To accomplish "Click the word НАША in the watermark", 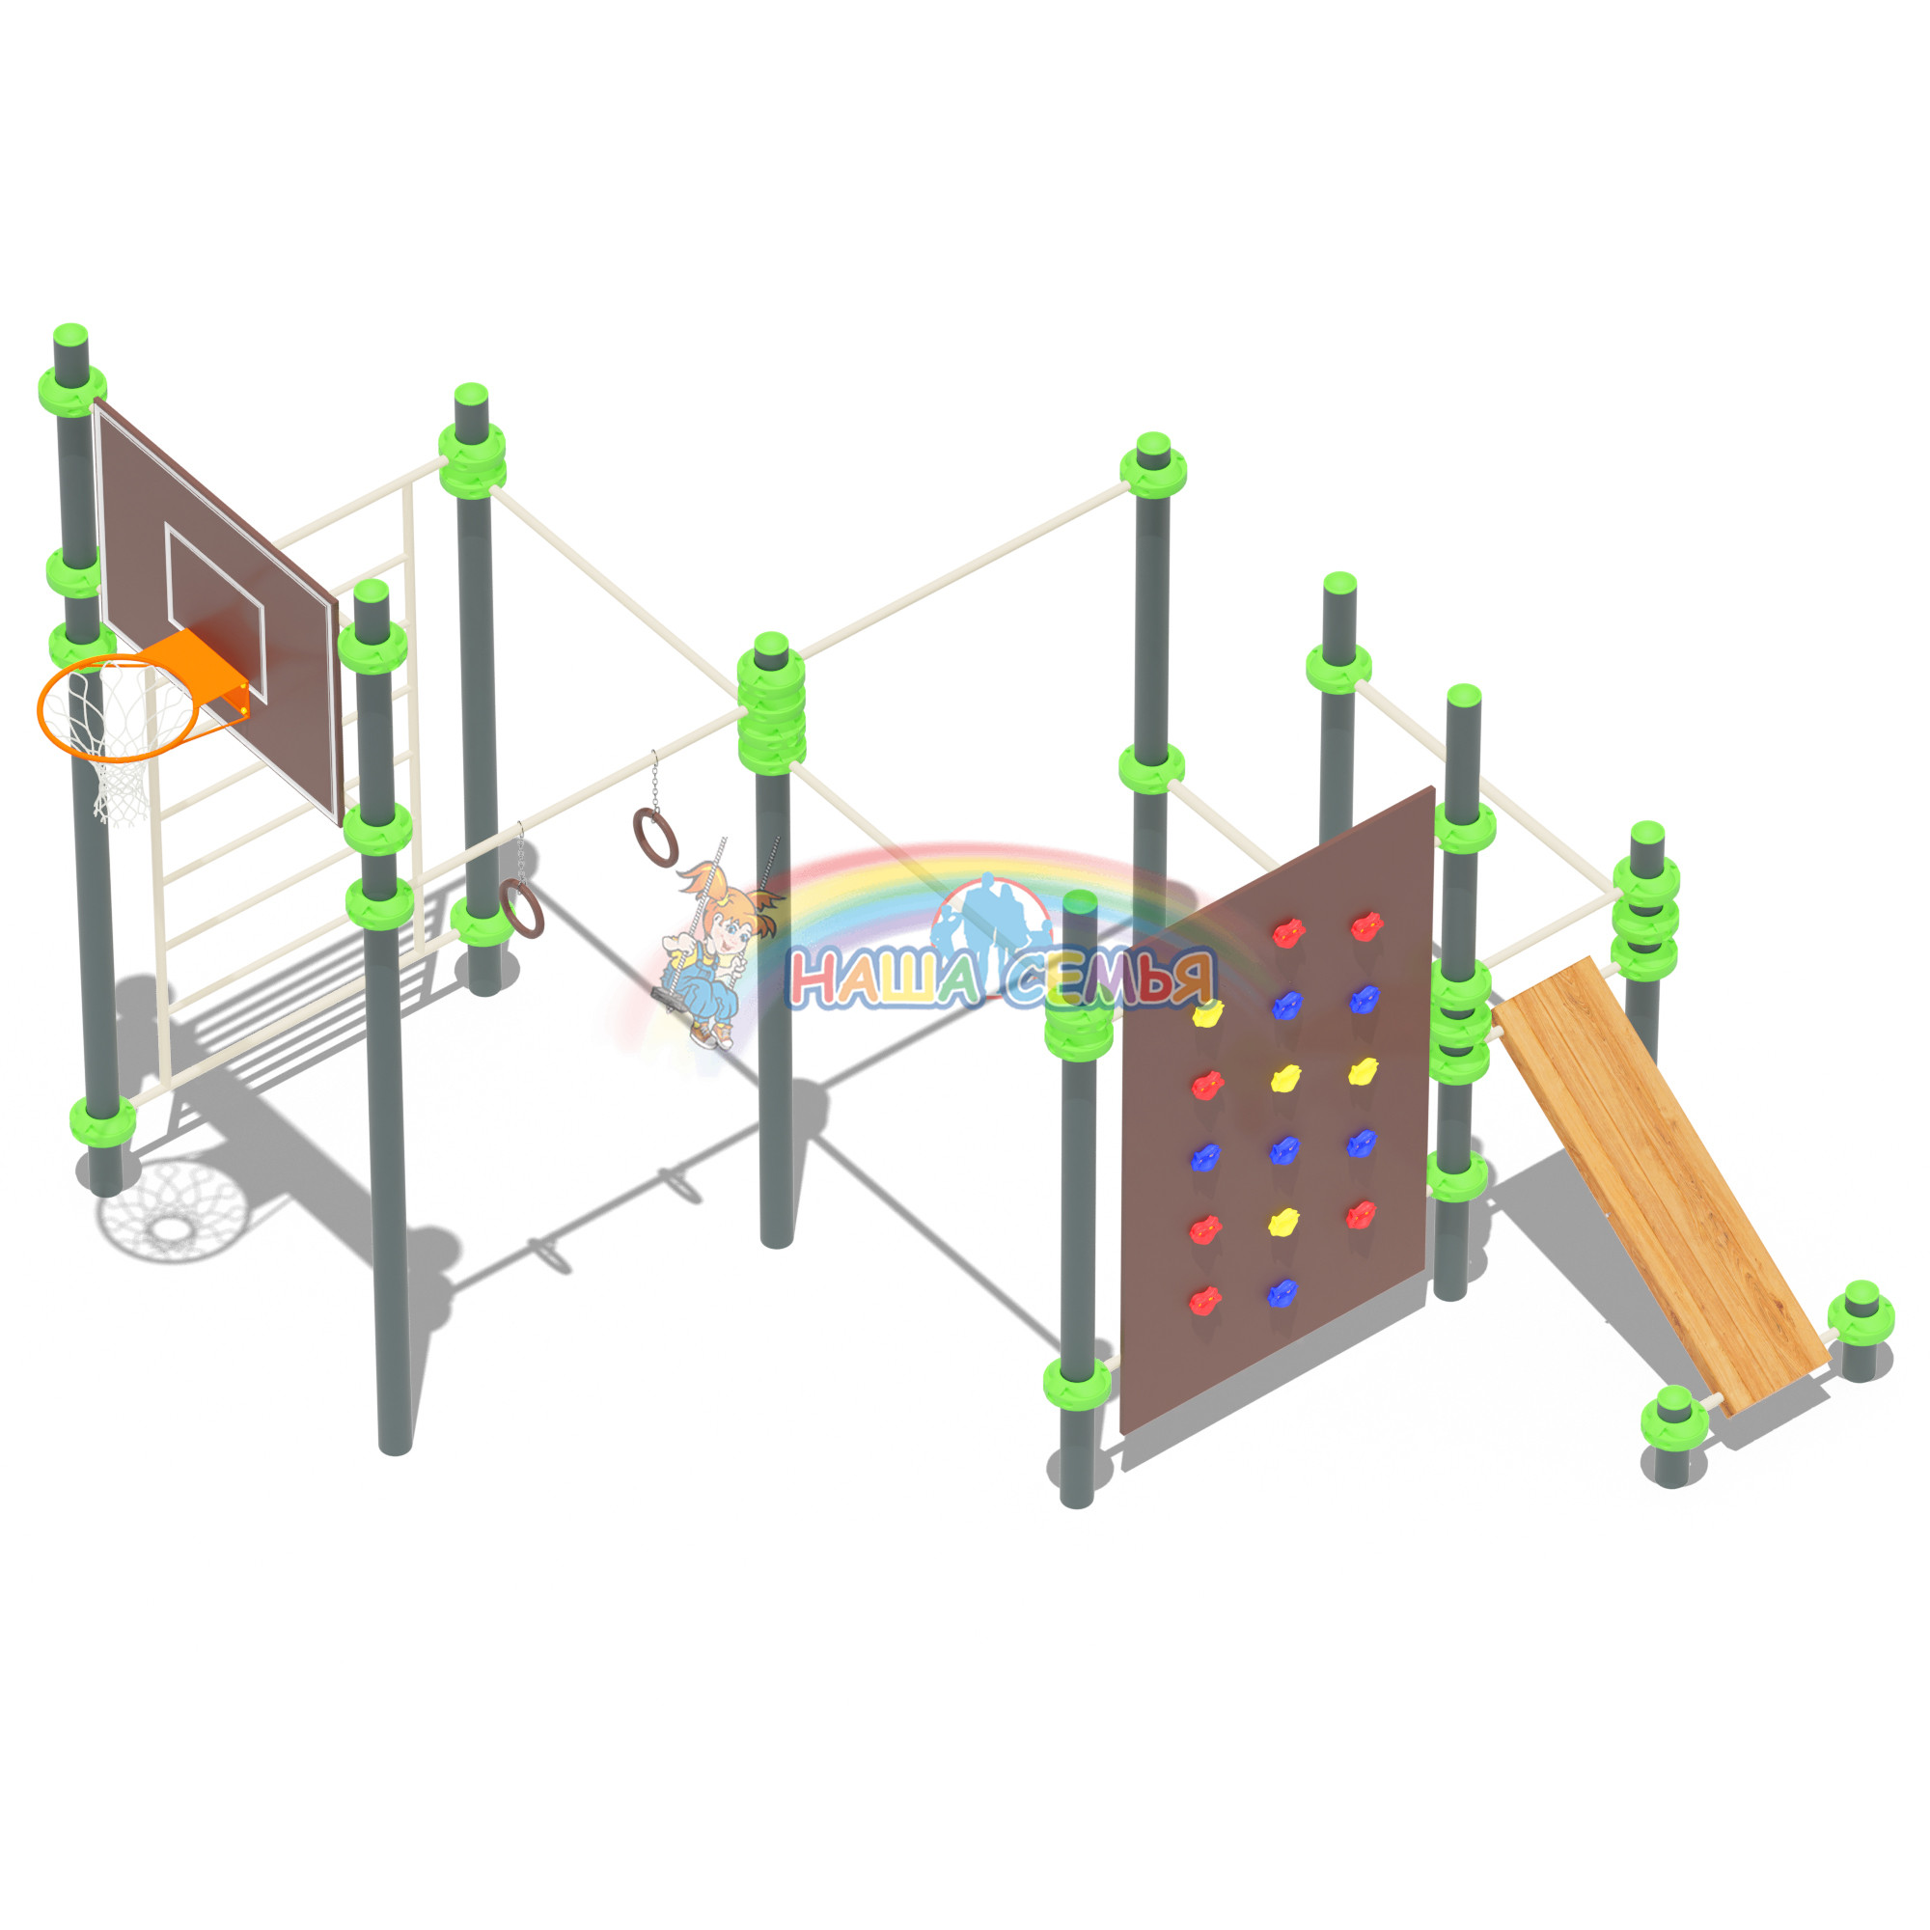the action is coord(883,978).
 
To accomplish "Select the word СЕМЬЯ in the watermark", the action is coord(1109,976).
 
